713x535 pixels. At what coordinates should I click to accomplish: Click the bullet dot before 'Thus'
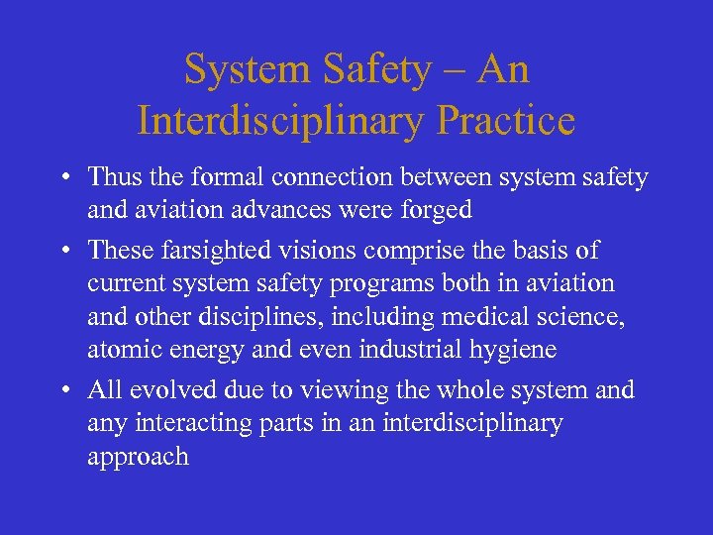[x=62, y=178]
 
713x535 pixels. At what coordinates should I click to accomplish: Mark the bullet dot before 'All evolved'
[x=62, y=390]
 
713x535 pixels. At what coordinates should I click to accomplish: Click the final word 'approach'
[x=138, y=458]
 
